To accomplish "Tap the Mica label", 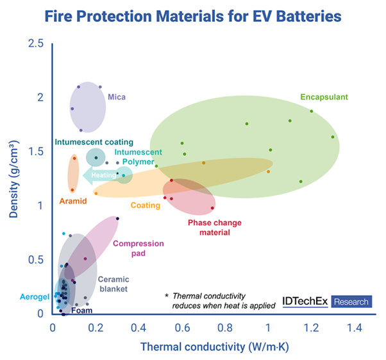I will coord(117,97).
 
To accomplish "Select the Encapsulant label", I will coord(324,97).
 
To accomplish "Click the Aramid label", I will coord(72,201).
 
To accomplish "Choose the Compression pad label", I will coord(138,248).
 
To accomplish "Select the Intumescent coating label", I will coord(94,142).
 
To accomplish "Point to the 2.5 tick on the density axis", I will coord(36,44).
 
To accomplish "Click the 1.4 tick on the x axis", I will coord(354,327).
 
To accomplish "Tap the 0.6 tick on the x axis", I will coord(182,327).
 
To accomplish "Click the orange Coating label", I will coord(146,205).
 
